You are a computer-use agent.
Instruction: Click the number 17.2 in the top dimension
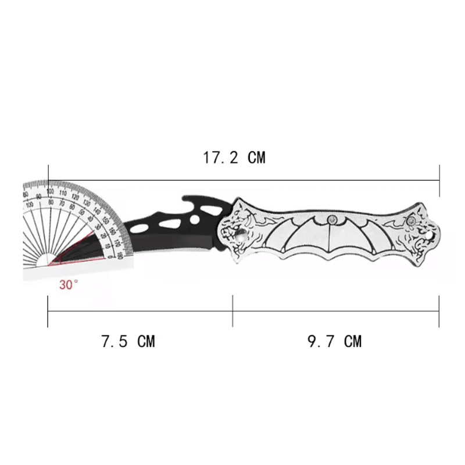(220, 158)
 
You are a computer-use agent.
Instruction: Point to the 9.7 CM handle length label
(334, 341)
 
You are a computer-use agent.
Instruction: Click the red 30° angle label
(69, 285)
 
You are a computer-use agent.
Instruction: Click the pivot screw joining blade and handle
(239, 236)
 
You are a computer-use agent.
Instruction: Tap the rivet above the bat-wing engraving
(332, 219)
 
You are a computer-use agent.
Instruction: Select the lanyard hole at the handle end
(429, 234)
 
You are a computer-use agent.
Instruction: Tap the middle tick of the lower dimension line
(233, 311)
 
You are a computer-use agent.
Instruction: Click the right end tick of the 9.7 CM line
(439, 311)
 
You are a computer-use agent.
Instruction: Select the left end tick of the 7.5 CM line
(48, 311)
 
